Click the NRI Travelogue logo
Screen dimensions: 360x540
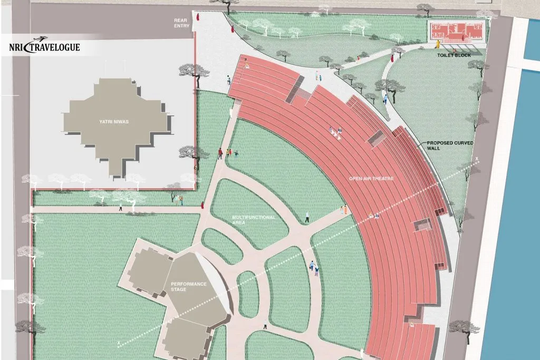tap(45, 46)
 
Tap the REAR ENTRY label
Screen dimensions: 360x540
tap(181, 23)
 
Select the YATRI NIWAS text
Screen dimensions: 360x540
tap(114, 122)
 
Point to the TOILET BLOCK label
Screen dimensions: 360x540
tap(454, 55)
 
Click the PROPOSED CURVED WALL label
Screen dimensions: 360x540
tap(442, 145)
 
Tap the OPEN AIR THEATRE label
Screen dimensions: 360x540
tap(371, 179)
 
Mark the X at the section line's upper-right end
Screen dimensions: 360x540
tap(477, 159)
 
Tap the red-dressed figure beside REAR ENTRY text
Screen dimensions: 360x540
tap(196, 17)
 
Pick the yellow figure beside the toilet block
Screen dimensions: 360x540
tap(438, 44)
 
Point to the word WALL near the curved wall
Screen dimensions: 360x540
tap(433, 149)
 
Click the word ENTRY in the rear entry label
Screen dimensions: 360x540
tap(181, 26)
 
